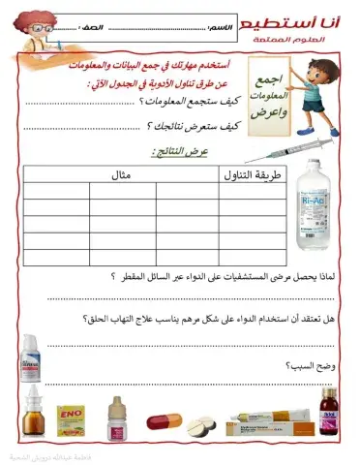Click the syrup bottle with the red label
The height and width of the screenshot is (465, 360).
(331, 418)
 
